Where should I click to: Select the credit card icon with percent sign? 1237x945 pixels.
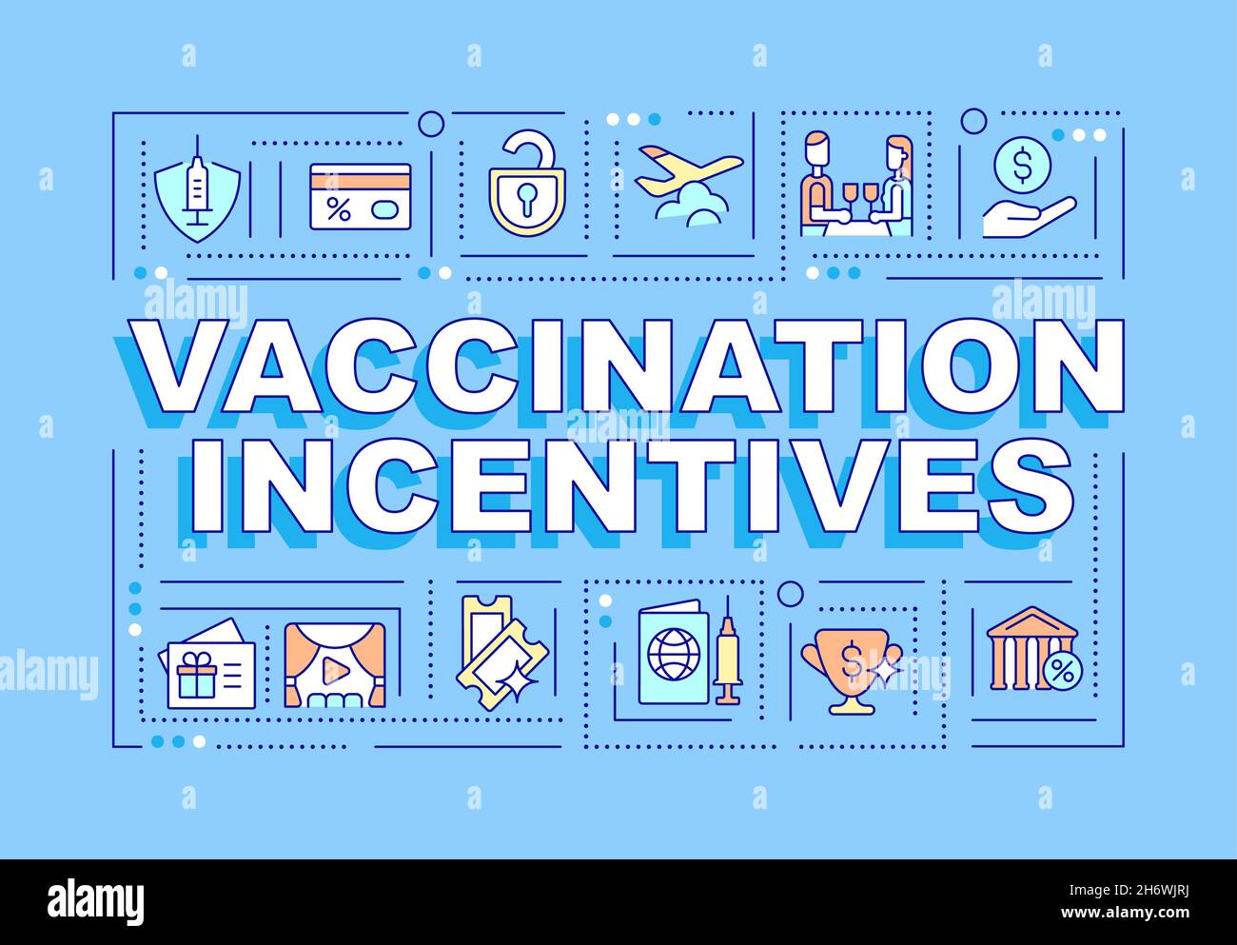(x=360, y=197)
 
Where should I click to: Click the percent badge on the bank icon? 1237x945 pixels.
(x=1061, y=675)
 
